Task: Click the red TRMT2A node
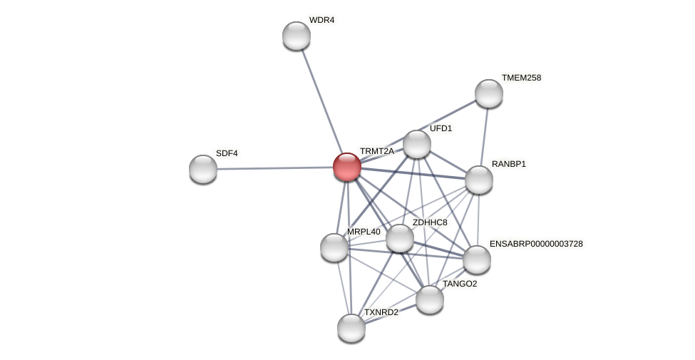click(x=347, y=167)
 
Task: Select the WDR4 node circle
click(x=297, y=36)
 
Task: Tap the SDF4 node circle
click(x=203, y=169)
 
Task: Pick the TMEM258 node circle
click(x=489, y=93)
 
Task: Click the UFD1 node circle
click(x=417, y=144)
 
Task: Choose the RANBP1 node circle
click(x=479, y=180)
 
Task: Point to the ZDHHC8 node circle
click(x=400, y=238)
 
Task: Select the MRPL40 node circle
click(x=334, y=247)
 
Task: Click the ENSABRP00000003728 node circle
click(x=477, y=259)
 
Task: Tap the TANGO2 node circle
click(x=430, y=299)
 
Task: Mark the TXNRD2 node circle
click(x=351, y=328)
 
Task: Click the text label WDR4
click(x=321, y=20)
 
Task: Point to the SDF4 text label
click(x=227, y=153)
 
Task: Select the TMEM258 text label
click(x=521, y=78)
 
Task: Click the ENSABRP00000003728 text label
click(x=536, y=244)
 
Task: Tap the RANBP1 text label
click(x=509, y=164)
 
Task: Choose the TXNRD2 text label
click(x=381, y=312)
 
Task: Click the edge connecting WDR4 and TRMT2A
click(x=321, y=99)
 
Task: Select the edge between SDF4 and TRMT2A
click(x=274, y=168)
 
